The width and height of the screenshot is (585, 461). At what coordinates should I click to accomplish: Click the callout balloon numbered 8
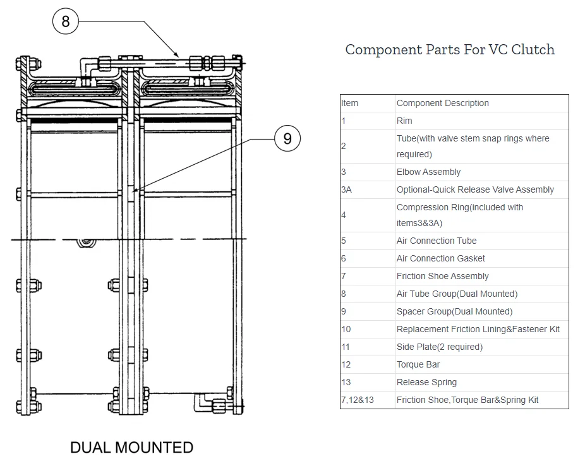tap(65, 22)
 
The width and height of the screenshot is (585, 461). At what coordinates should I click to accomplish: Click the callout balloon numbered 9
tap(287, 138)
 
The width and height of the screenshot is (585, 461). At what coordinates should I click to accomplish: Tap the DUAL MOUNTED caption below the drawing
tap(131, 448)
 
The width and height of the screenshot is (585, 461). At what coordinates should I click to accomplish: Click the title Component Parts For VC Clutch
tap(450, 50)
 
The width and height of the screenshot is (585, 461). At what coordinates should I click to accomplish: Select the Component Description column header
tap(442, 103)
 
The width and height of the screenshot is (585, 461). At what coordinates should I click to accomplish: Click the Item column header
tap(349, 103)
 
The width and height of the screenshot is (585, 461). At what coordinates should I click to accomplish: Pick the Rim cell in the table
tap(404, 121)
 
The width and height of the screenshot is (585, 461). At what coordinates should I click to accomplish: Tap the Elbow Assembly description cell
tap(428, 172)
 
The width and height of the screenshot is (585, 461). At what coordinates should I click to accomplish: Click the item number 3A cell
tap(346, 189)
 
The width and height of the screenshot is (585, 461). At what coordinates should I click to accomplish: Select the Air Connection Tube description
tap(436, 241)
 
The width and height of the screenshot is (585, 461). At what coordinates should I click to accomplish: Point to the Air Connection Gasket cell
tap(440, 258)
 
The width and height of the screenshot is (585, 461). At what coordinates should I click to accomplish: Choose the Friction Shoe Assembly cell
tap(442, 276)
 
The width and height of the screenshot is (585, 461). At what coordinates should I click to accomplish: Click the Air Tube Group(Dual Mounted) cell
tap(457, 294)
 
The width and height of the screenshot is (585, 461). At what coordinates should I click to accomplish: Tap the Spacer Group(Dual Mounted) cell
tap(454, 311)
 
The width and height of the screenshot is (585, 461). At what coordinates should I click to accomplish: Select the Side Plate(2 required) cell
tap(439, 347)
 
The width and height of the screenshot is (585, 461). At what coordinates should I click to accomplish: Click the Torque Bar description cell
tap(418, 364)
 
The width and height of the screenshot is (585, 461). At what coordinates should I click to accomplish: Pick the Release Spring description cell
tap(426, 382)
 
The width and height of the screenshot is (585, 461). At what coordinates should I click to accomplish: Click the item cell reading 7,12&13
tap(357, 400)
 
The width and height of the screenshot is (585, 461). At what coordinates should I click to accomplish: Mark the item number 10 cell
tap(346, 329)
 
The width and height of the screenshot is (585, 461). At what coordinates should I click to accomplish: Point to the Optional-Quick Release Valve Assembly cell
tap(475, 189)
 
